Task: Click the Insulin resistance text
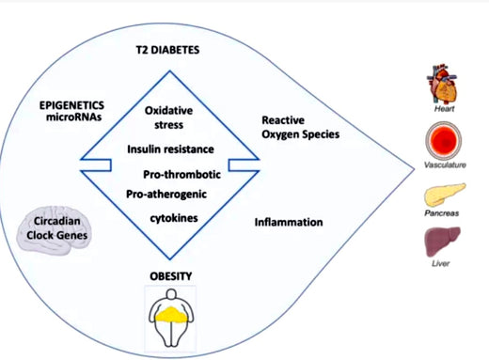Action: (169, 149)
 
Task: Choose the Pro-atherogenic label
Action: (166, 194)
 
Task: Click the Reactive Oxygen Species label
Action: (299, 127)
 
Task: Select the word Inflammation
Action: (289, 223)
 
